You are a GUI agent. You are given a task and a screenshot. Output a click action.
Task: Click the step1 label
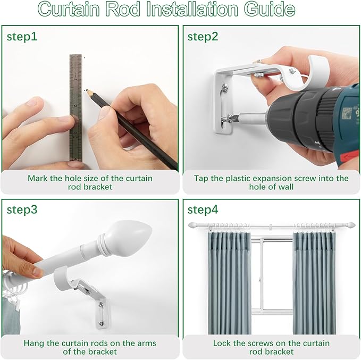coord(22,37)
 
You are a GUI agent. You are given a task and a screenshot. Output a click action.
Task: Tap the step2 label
coord(203,37)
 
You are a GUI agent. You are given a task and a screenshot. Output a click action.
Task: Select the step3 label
coord(22,210)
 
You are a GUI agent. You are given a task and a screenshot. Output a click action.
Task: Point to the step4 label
coord(203,210)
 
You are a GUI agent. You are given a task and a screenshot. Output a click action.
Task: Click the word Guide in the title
coord(270,9)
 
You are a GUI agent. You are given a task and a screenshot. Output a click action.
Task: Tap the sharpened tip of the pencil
coord(87,91)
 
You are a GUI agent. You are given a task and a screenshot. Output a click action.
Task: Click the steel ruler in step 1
coord(75,108)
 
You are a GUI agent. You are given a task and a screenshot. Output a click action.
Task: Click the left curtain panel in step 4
coord(229,283)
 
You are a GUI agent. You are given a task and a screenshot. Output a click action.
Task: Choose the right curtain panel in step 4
coord(314,283)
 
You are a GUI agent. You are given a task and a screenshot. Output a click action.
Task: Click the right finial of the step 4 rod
coord(351,224)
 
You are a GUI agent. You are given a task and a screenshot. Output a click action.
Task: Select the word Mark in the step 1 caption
coord(37,178)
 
